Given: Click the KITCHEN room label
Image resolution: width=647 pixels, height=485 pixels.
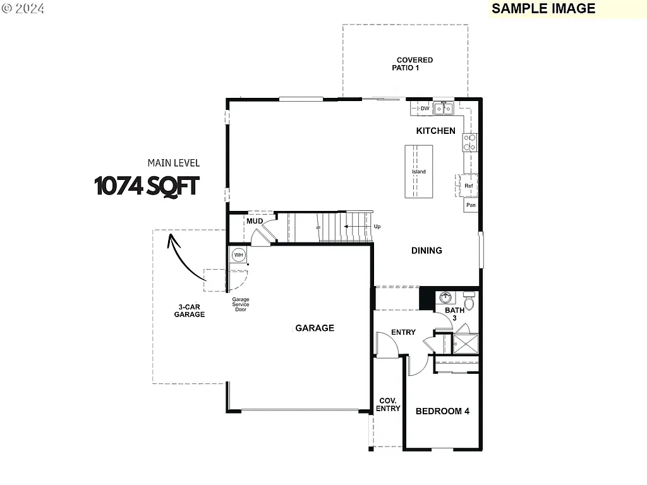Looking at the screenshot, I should (435, 131).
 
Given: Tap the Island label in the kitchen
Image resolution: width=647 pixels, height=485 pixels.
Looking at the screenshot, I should (419, 172).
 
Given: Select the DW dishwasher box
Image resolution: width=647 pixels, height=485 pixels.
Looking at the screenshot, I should (425, 109).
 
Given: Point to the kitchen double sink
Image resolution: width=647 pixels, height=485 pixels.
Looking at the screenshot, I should (444, 109).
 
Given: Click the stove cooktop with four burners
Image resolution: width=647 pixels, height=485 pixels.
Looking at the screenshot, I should (470, 143).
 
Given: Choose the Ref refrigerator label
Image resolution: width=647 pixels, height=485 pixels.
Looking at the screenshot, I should (469, 186).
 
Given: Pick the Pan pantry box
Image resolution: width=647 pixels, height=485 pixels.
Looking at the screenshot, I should (471, 205).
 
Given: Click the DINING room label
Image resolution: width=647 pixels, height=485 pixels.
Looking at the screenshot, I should (426, 251).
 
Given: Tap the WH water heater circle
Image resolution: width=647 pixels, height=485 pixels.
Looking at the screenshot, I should (238, 255).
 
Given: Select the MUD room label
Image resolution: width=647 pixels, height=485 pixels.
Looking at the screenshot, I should (255, 222).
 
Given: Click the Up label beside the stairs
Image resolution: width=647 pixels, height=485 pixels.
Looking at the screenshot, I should (377, 226).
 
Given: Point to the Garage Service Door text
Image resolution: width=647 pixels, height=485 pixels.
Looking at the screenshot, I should (240, 304).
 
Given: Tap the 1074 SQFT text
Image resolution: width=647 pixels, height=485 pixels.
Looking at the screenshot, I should (147, 186).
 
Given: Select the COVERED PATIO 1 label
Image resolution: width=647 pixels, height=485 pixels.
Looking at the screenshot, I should (414, 64).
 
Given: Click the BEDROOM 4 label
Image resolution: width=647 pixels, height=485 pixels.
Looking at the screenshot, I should (442, 411).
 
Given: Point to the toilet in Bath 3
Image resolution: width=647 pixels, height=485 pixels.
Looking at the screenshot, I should (469, 296).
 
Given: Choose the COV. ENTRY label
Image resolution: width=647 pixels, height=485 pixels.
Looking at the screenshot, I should (388, 405).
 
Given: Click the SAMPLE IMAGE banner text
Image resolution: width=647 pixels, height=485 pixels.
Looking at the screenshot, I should (543, 8).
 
